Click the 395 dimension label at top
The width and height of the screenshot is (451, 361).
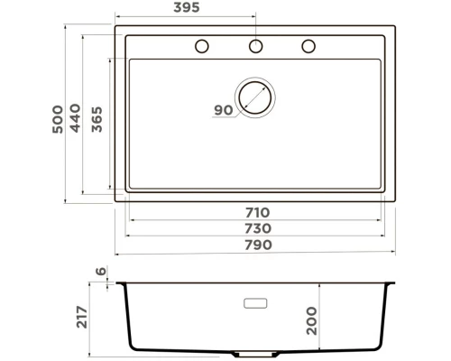pos(187,8)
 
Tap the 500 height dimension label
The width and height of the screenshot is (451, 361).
pos(59,117)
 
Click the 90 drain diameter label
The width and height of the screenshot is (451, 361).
pos(224,110)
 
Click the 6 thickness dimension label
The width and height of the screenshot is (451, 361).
pos(102,272)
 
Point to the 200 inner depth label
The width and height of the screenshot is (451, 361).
pos(312,319)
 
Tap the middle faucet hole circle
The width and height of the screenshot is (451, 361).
pos(255,46)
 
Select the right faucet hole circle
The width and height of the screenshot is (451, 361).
pos(308,46)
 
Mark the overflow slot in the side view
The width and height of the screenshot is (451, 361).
pos(255,302)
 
